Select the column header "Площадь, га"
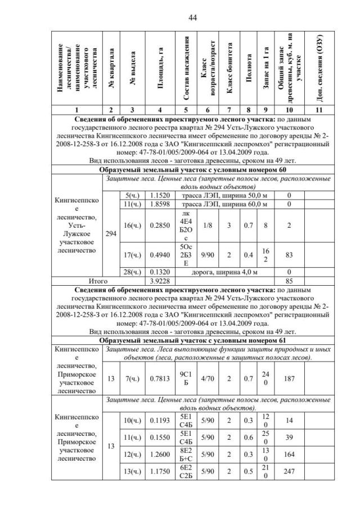160,67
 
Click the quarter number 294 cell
111,231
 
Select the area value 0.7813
160,379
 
